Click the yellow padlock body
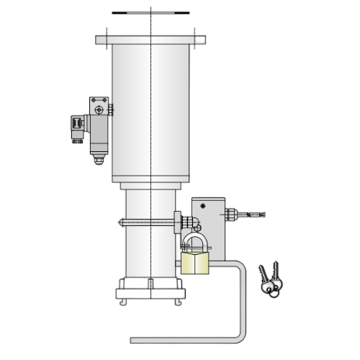tap(194, 263)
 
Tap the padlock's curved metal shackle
tap(194, 238)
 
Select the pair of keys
tap(270, 281)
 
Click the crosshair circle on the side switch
tap(99, 109)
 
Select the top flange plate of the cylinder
tap(150, 40)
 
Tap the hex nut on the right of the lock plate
tap(230, 213)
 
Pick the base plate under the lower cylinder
tap(149, 293)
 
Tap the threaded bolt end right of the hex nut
tap(252, 213)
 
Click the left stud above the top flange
tap(106, 31)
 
